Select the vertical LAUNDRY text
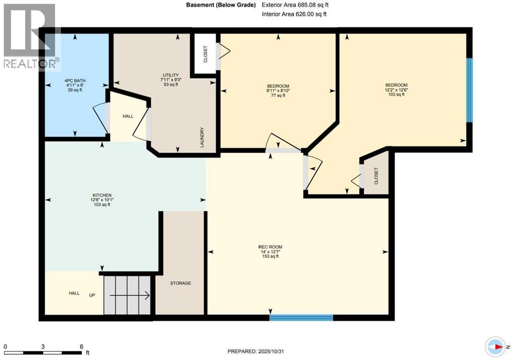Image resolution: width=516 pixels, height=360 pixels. [202, 137]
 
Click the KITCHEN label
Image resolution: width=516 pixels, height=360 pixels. [101, 195]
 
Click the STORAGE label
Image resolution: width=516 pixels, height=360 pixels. [180, 283]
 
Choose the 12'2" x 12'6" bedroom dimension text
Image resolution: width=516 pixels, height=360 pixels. [396, 90]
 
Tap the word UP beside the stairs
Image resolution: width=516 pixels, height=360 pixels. [93, 294]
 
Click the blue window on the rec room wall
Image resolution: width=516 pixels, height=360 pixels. [301, 318]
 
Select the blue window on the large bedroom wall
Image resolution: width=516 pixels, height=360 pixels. [469, 90]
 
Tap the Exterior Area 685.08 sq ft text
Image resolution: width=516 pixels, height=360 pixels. [295, 5]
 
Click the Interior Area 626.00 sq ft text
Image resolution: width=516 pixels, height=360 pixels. [294, 14]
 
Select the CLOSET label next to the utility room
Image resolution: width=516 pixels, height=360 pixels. [205, 54]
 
